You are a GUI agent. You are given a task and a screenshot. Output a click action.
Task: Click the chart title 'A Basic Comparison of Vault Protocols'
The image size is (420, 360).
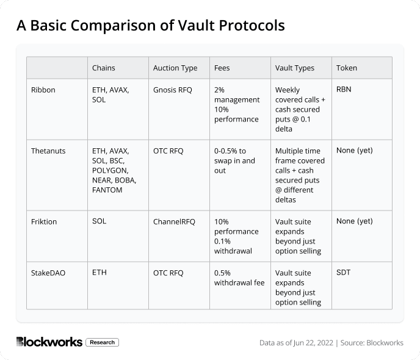point(150,26)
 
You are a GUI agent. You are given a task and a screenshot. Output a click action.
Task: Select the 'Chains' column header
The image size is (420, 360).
point(103,68)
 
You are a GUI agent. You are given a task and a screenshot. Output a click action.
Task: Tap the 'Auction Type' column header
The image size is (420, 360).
point(175,68)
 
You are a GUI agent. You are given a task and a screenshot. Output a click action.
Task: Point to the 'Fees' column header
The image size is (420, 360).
point(222,68)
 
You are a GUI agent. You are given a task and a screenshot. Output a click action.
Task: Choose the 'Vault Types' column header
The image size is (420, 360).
point(295,68)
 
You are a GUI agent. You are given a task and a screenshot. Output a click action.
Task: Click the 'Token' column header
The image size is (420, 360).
point(347,68)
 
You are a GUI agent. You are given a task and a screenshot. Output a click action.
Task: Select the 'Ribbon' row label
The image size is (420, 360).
point(43,90)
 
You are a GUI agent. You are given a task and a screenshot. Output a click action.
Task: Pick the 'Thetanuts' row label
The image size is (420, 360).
point(49,151)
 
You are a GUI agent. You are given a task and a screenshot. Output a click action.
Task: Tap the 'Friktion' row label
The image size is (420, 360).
point(44,221)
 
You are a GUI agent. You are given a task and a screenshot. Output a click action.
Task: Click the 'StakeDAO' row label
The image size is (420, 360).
point(48,273)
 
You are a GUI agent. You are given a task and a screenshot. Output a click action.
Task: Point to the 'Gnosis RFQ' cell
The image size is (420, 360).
point(172,90)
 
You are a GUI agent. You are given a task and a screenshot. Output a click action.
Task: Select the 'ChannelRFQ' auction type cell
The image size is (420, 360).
point(174,221)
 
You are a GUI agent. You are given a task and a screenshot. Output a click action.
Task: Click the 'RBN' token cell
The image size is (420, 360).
point(344,89)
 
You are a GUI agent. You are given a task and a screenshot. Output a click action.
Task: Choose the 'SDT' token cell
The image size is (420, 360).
point(343,273)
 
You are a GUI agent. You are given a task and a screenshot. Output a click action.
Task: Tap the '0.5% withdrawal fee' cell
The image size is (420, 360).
point(240,278)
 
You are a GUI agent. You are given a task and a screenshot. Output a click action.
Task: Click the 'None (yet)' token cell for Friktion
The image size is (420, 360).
point(354,221)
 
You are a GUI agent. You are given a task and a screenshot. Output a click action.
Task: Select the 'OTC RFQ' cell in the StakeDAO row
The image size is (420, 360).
point(168,273)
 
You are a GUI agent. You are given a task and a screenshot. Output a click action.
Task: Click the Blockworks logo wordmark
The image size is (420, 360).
point(49,342)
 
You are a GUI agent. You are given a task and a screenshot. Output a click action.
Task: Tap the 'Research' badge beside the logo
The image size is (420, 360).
point(102,342)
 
